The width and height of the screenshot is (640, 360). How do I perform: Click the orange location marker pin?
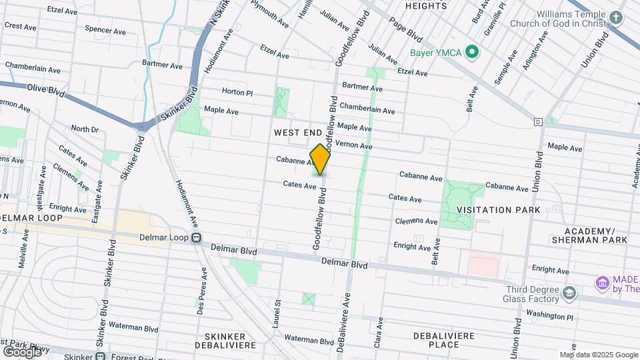(x=320, y=159)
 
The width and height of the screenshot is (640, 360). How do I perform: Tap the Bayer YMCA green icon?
(x=472, y=51)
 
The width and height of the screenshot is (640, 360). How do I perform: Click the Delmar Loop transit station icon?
(x=197, y=237)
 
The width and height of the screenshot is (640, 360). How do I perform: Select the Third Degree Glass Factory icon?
(x=569, y=293)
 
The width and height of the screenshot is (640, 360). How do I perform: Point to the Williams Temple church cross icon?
(x=617, y=18)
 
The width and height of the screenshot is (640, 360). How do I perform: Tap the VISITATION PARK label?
(x=494, y=210)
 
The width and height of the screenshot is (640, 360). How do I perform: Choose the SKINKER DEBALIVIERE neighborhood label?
(x=221, y=341)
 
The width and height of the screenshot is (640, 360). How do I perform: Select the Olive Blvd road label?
(x=46, y=91)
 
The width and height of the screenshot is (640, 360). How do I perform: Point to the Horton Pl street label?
(x=237, y=93)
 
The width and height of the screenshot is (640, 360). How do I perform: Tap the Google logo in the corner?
(x=22, y=351)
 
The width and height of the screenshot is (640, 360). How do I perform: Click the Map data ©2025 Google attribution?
(x=598, y=355)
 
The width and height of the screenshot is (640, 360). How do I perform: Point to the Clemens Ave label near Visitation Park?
(x=416, y=221)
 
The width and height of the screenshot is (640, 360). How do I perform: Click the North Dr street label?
(x=85, y=129)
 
